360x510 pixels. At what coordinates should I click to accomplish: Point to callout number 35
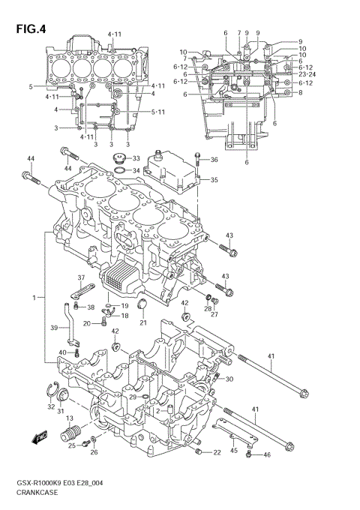(x=214, y=180)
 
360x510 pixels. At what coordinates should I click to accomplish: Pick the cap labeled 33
(x=118, y=158)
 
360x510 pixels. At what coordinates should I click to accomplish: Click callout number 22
(x=217, y=452)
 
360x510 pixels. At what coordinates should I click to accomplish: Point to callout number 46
(x=266, y=455)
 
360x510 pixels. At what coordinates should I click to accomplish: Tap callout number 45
(x=234, y=450)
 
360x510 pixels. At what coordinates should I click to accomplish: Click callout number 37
(x=81, y=277)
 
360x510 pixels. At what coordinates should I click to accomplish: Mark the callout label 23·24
(x=307, y=74)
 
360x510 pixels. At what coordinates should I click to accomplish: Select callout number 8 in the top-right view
(x=299, y=92)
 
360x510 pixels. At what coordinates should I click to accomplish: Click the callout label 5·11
(x=158, y=112)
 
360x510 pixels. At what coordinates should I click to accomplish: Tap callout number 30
(x=229, y=379)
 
